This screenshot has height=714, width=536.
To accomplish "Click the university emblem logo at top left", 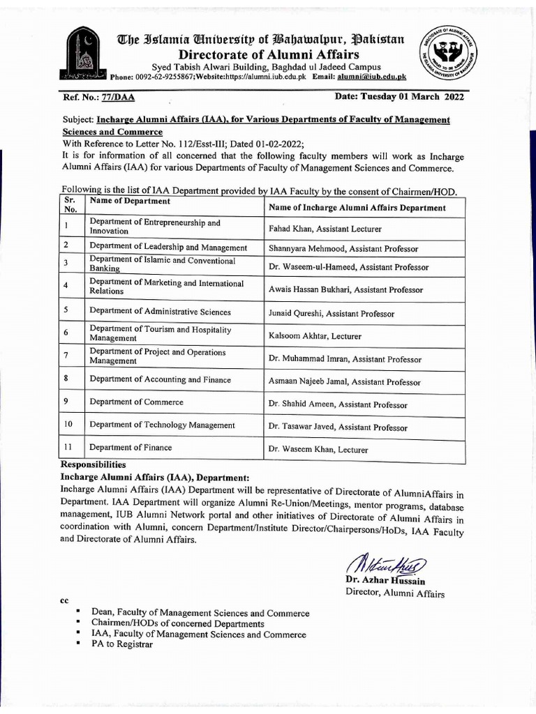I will [84, 54].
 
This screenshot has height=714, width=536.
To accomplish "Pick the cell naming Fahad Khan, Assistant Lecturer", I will [325, 228].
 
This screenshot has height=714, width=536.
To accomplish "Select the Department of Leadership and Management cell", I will [168, 247].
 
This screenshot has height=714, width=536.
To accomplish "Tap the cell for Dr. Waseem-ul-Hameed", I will [348, 266].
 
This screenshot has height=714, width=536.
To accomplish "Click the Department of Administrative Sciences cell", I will [160, 312].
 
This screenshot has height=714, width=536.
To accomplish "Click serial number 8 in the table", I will [66, 379].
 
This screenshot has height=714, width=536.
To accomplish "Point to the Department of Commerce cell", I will [136, 402].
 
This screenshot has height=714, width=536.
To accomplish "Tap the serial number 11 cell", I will [68, 447].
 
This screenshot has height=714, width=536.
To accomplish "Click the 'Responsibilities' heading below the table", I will [93, 464].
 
